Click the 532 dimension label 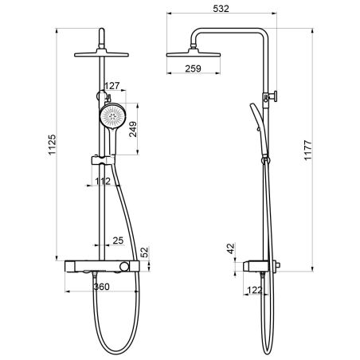click(x=221, y=9)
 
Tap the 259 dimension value click(x=193, y=68)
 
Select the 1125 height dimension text click(x=52, y=145)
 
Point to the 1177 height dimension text click(x=307, y=151)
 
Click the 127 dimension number click(x=112, y=86)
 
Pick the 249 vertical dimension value click(x=133, y=129)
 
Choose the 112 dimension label click(x=103, y=181)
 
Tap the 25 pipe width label click(x=118, y=241)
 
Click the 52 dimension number click(x=144, y=252)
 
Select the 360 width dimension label click(x=102, y=287)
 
